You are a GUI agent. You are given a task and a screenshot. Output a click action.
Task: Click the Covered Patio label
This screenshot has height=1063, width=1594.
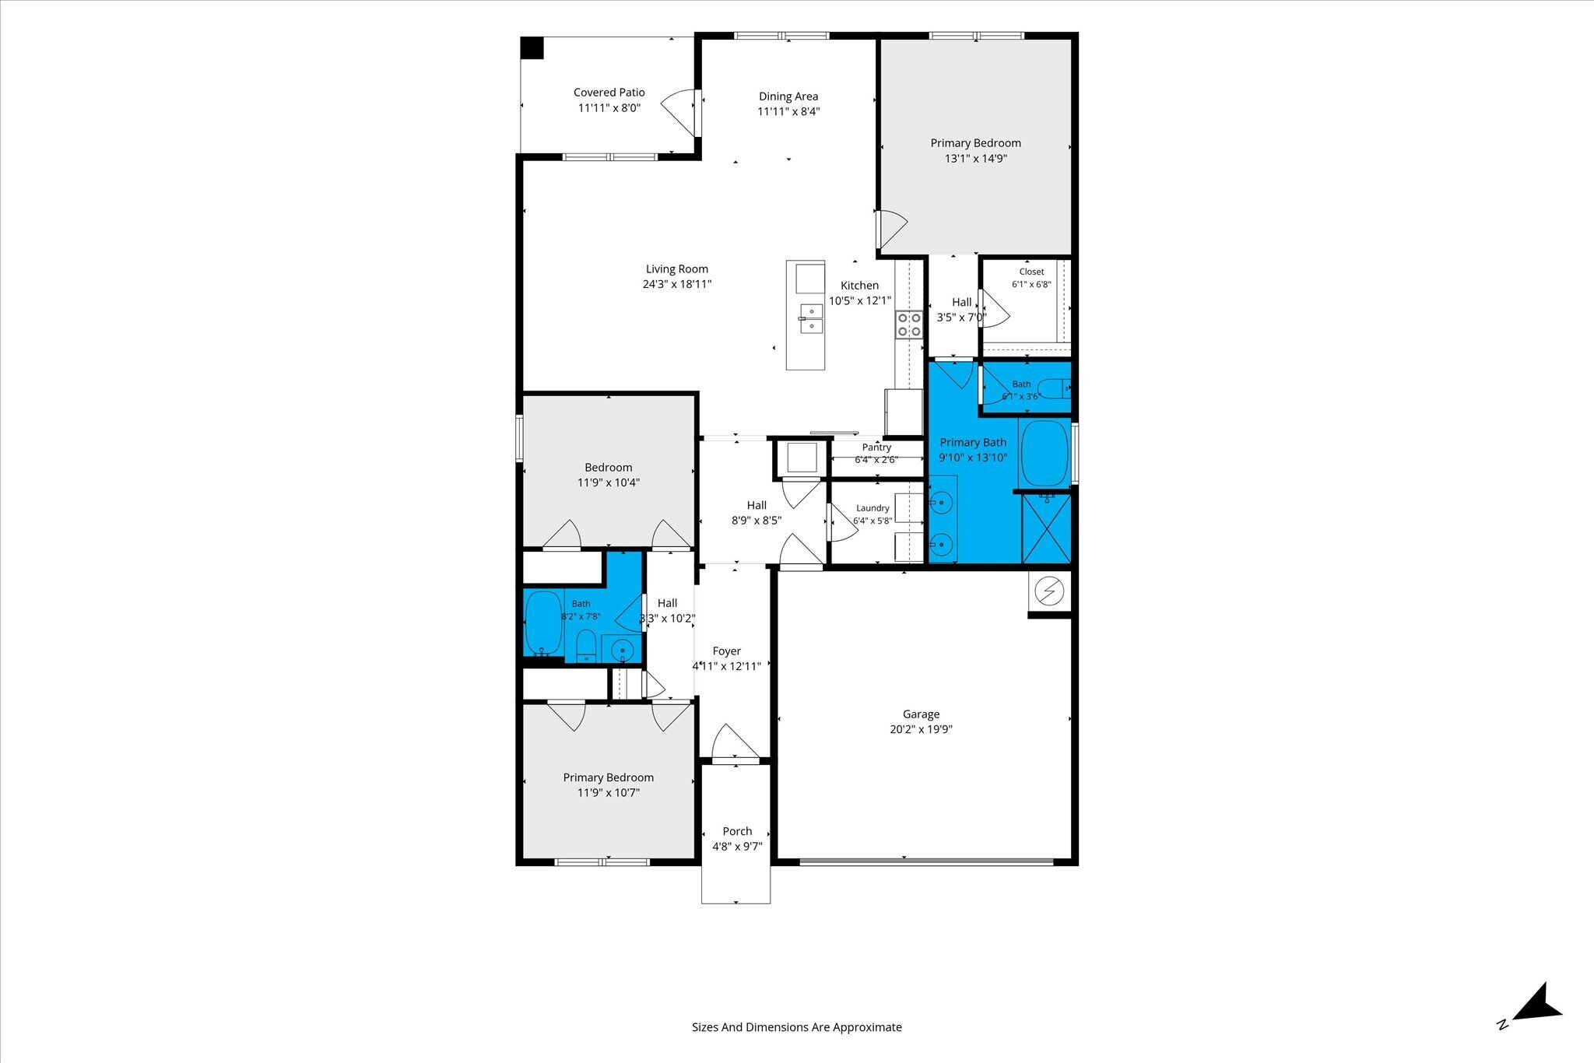(x=609, y=93)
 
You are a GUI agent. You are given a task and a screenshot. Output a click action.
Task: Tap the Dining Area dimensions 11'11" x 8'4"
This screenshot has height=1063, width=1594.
(x=788, y=111)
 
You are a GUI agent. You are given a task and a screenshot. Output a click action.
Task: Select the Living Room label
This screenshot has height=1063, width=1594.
(x=677, y=269)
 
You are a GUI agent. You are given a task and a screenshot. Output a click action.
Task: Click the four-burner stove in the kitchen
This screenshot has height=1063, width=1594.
(x=909, y=325)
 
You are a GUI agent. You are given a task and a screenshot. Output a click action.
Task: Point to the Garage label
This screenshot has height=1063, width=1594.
(x=922, y=714)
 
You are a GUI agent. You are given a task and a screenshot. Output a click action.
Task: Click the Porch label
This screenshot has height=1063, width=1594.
(x=737, y=831)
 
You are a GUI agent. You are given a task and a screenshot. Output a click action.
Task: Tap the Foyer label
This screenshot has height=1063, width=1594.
(x=727, y=651)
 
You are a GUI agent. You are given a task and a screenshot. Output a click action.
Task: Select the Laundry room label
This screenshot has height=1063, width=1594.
(x=872, y=508)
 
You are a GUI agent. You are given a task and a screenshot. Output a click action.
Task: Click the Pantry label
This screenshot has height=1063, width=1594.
(x=876, y=447)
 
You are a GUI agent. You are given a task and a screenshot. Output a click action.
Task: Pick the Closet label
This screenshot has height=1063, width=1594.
(x=1032, y=272)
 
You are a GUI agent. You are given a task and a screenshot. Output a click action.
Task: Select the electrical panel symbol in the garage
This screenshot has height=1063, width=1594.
(x=1048, y=592)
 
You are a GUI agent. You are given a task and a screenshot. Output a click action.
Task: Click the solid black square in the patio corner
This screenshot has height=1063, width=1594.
(x=532, y=47)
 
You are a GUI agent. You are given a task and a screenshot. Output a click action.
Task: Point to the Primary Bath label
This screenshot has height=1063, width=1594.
(x=973, y=443)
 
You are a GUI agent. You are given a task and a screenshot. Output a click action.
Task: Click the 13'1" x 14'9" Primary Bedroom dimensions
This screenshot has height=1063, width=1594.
(x=976, y=159)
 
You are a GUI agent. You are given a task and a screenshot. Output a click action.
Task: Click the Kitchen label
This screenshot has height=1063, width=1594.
(x=860, y=286)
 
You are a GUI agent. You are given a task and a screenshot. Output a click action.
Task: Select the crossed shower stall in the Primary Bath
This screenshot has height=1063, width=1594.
(x=1046, y=528)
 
